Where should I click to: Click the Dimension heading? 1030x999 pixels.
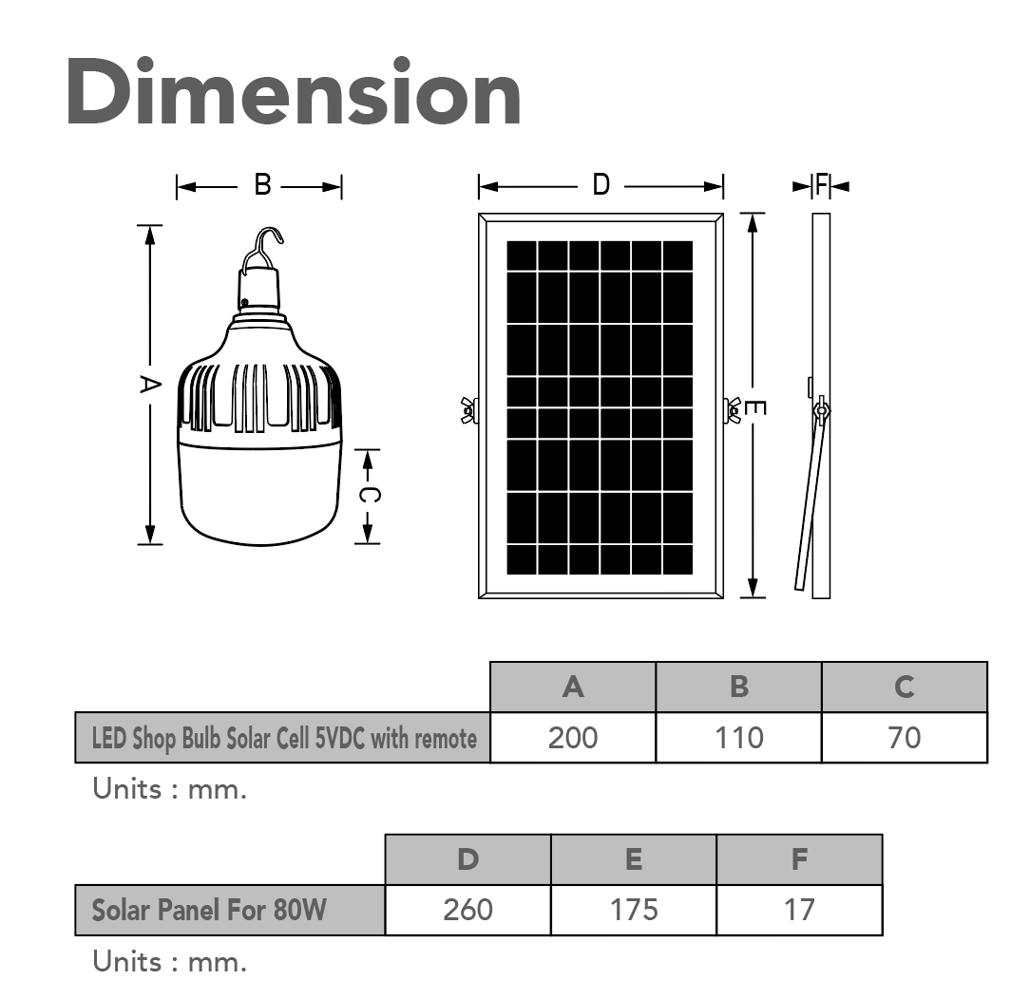click(294, 91)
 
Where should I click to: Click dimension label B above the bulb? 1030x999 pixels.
click(263, 185)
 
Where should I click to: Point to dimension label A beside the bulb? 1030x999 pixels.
click(150, 384)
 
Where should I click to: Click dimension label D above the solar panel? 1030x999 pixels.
click(601, 185)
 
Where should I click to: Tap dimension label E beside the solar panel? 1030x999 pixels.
click(754, 408)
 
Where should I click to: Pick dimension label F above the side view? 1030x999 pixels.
click(821, 185)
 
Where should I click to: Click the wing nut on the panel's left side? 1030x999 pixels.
click(469, 410)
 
